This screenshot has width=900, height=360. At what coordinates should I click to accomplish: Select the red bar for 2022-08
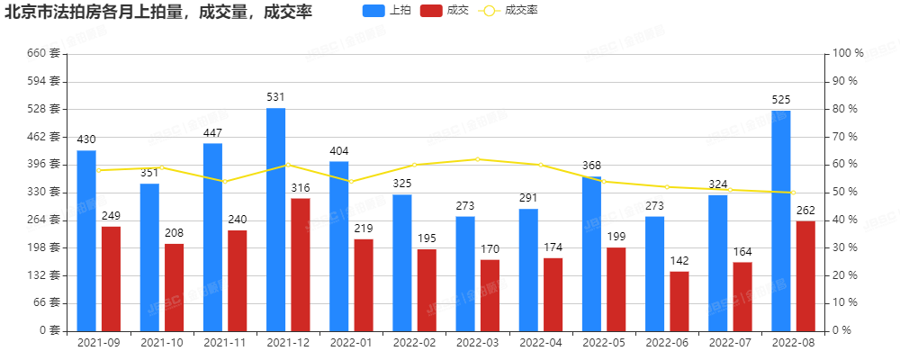805,275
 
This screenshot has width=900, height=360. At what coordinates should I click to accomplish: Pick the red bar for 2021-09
111,278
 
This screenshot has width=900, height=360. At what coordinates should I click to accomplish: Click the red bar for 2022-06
679,301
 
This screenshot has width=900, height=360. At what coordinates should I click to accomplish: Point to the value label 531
275,96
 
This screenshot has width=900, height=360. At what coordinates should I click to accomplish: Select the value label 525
781,99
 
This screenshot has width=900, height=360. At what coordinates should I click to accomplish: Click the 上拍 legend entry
385,11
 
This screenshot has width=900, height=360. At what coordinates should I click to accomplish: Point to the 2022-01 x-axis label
351,343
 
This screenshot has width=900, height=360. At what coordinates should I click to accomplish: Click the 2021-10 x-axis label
162,343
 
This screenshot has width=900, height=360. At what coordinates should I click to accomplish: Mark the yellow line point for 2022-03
478,159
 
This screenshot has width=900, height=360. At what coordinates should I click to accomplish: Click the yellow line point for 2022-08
793,193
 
